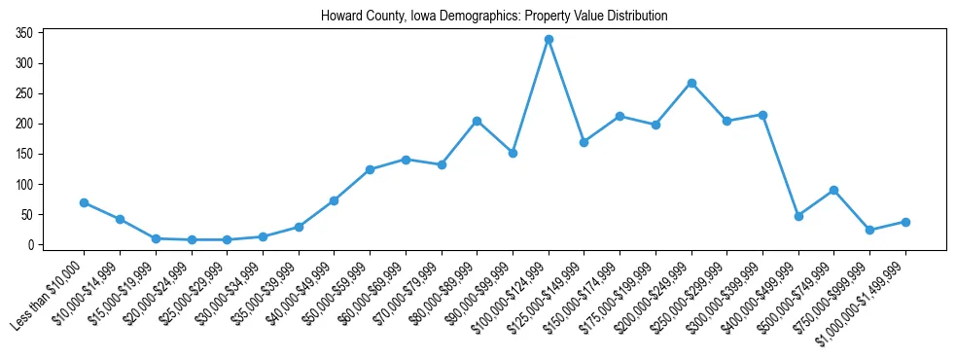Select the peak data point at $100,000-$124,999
549,39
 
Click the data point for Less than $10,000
84,202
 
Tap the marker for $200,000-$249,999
691,83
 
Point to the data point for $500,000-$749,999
834,190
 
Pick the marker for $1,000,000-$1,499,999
905,222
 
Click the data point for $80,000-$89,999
477,121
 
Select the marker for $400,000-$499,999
798,216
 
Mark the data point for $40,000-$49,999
334,200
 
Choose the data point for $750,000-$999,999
870,231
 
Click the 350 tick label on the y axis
25,33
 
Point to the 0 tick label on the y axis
31,245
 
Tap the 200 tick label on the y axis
25,124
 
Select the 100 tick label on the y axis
25,185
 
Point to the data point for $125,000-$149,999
584,142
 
